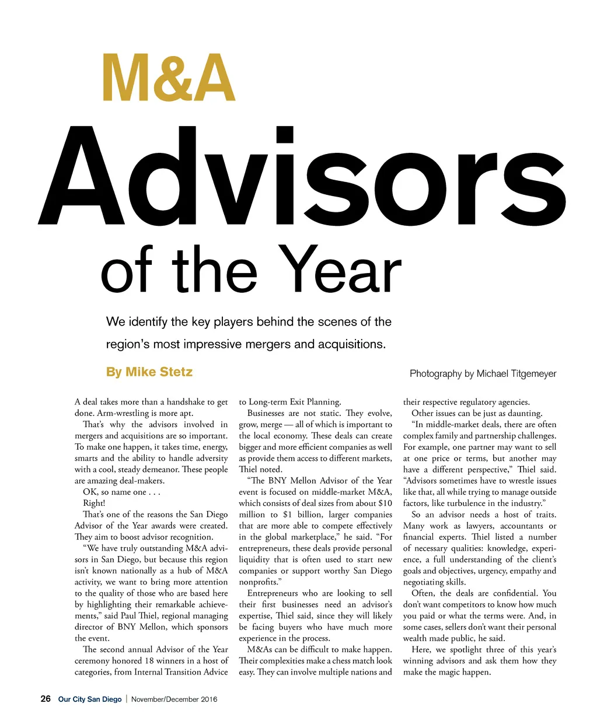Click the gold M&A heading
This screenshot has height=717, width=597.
[x=169, y=78]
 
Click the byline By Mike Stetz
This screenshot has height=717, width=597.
[x=149, y=372]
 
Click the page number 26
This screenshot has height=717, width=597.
[x=46, y=699]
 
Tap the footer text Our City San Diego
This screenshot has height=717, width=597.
[x=90, y=699]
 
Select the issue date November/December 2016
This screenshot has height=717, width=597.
[x=174, y=699]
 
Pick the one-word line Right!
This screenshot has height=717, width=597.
[x=94, y=503]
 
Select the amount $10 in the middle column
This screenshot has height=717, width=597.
[x=385, y=503]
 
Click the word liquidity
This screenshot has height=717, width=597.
[x=256, y=559]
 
